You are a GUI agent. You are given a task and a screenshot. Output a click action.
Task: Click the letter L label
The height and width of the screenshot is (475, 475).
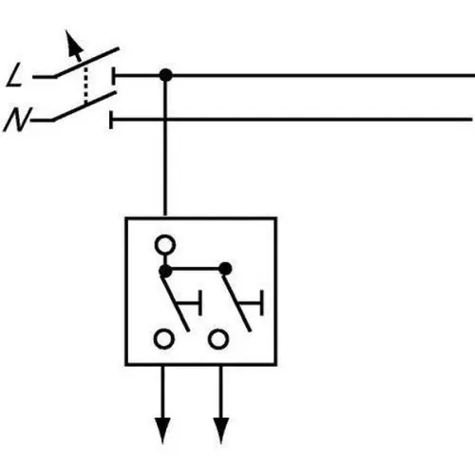14,75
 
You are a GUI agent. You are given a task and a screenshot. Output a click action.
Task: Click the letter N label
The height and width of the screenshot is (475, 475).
17,120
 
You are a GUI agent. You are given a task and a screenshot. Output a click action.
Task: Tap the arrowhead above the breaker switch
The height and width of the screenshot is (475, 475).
73,46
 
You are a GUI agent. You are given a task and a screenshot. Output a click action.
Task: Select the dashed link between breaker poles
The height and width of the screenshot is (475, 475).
85,85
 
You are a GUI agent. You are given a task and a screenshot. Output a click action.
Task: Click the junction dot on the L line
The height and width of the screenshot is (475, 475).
165,75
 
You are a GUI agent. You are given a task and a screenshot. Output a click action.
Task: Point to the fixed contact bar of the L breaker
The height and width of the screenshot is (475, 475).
113,76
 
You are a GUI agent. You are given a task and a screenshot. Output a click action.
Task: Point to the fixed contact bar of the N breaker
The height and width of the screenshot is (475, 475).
111,120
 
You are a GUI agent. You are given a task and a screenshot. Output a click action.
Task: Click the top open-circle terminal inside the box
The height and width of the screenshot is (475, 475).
165,245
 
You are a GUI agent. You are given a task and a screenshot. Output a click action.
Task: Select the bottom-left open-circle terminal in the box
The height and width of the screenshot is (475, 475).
163,339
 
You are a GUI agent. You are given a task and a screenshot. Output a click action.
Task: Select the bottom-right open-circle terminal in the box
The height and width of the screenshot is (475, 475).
218,339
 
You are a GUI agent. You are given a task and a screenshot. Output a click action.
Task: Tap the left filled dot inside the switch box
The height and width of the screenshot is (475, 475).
165,271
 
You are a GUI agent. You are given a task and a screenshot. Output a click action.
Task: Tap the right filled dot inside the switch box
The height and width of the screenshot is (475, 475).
225,269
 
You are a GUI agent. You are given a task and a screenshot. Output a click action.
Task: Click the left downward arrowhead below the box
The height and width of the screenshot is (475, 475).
162,430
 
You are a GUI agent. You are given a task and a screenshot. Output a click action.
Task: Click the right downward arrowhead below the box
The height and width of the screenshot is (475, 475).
221,430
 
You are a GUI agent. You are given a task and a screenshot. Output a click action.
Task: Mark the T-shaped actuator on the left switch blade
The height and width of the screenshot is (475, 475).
190,303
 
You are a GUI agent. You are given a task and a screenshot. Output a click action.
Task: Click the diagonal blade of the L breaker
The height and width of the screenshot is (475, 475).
86,62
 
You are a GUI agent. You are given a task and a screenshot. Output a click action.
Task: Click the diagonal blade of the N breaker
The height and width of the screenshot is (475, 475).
85,106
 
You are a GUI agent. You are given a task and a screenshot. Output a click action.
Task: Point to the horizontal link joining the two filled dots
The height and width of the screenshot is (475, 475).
195,269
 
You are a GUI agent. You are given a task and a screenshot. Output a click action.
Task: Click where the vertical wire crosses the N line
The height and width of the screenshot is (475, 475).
165,120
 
